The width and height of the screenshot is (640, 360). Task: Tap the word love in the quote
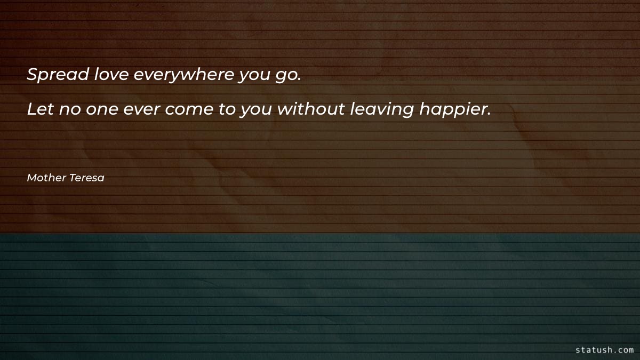point(111,75)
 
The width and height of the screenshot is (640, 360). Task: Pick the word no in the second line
point(66,110)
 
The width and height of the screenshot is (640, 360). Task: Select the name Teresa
point(86,178)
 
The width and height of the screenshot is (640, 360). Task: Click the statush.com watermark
point(605,350)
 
